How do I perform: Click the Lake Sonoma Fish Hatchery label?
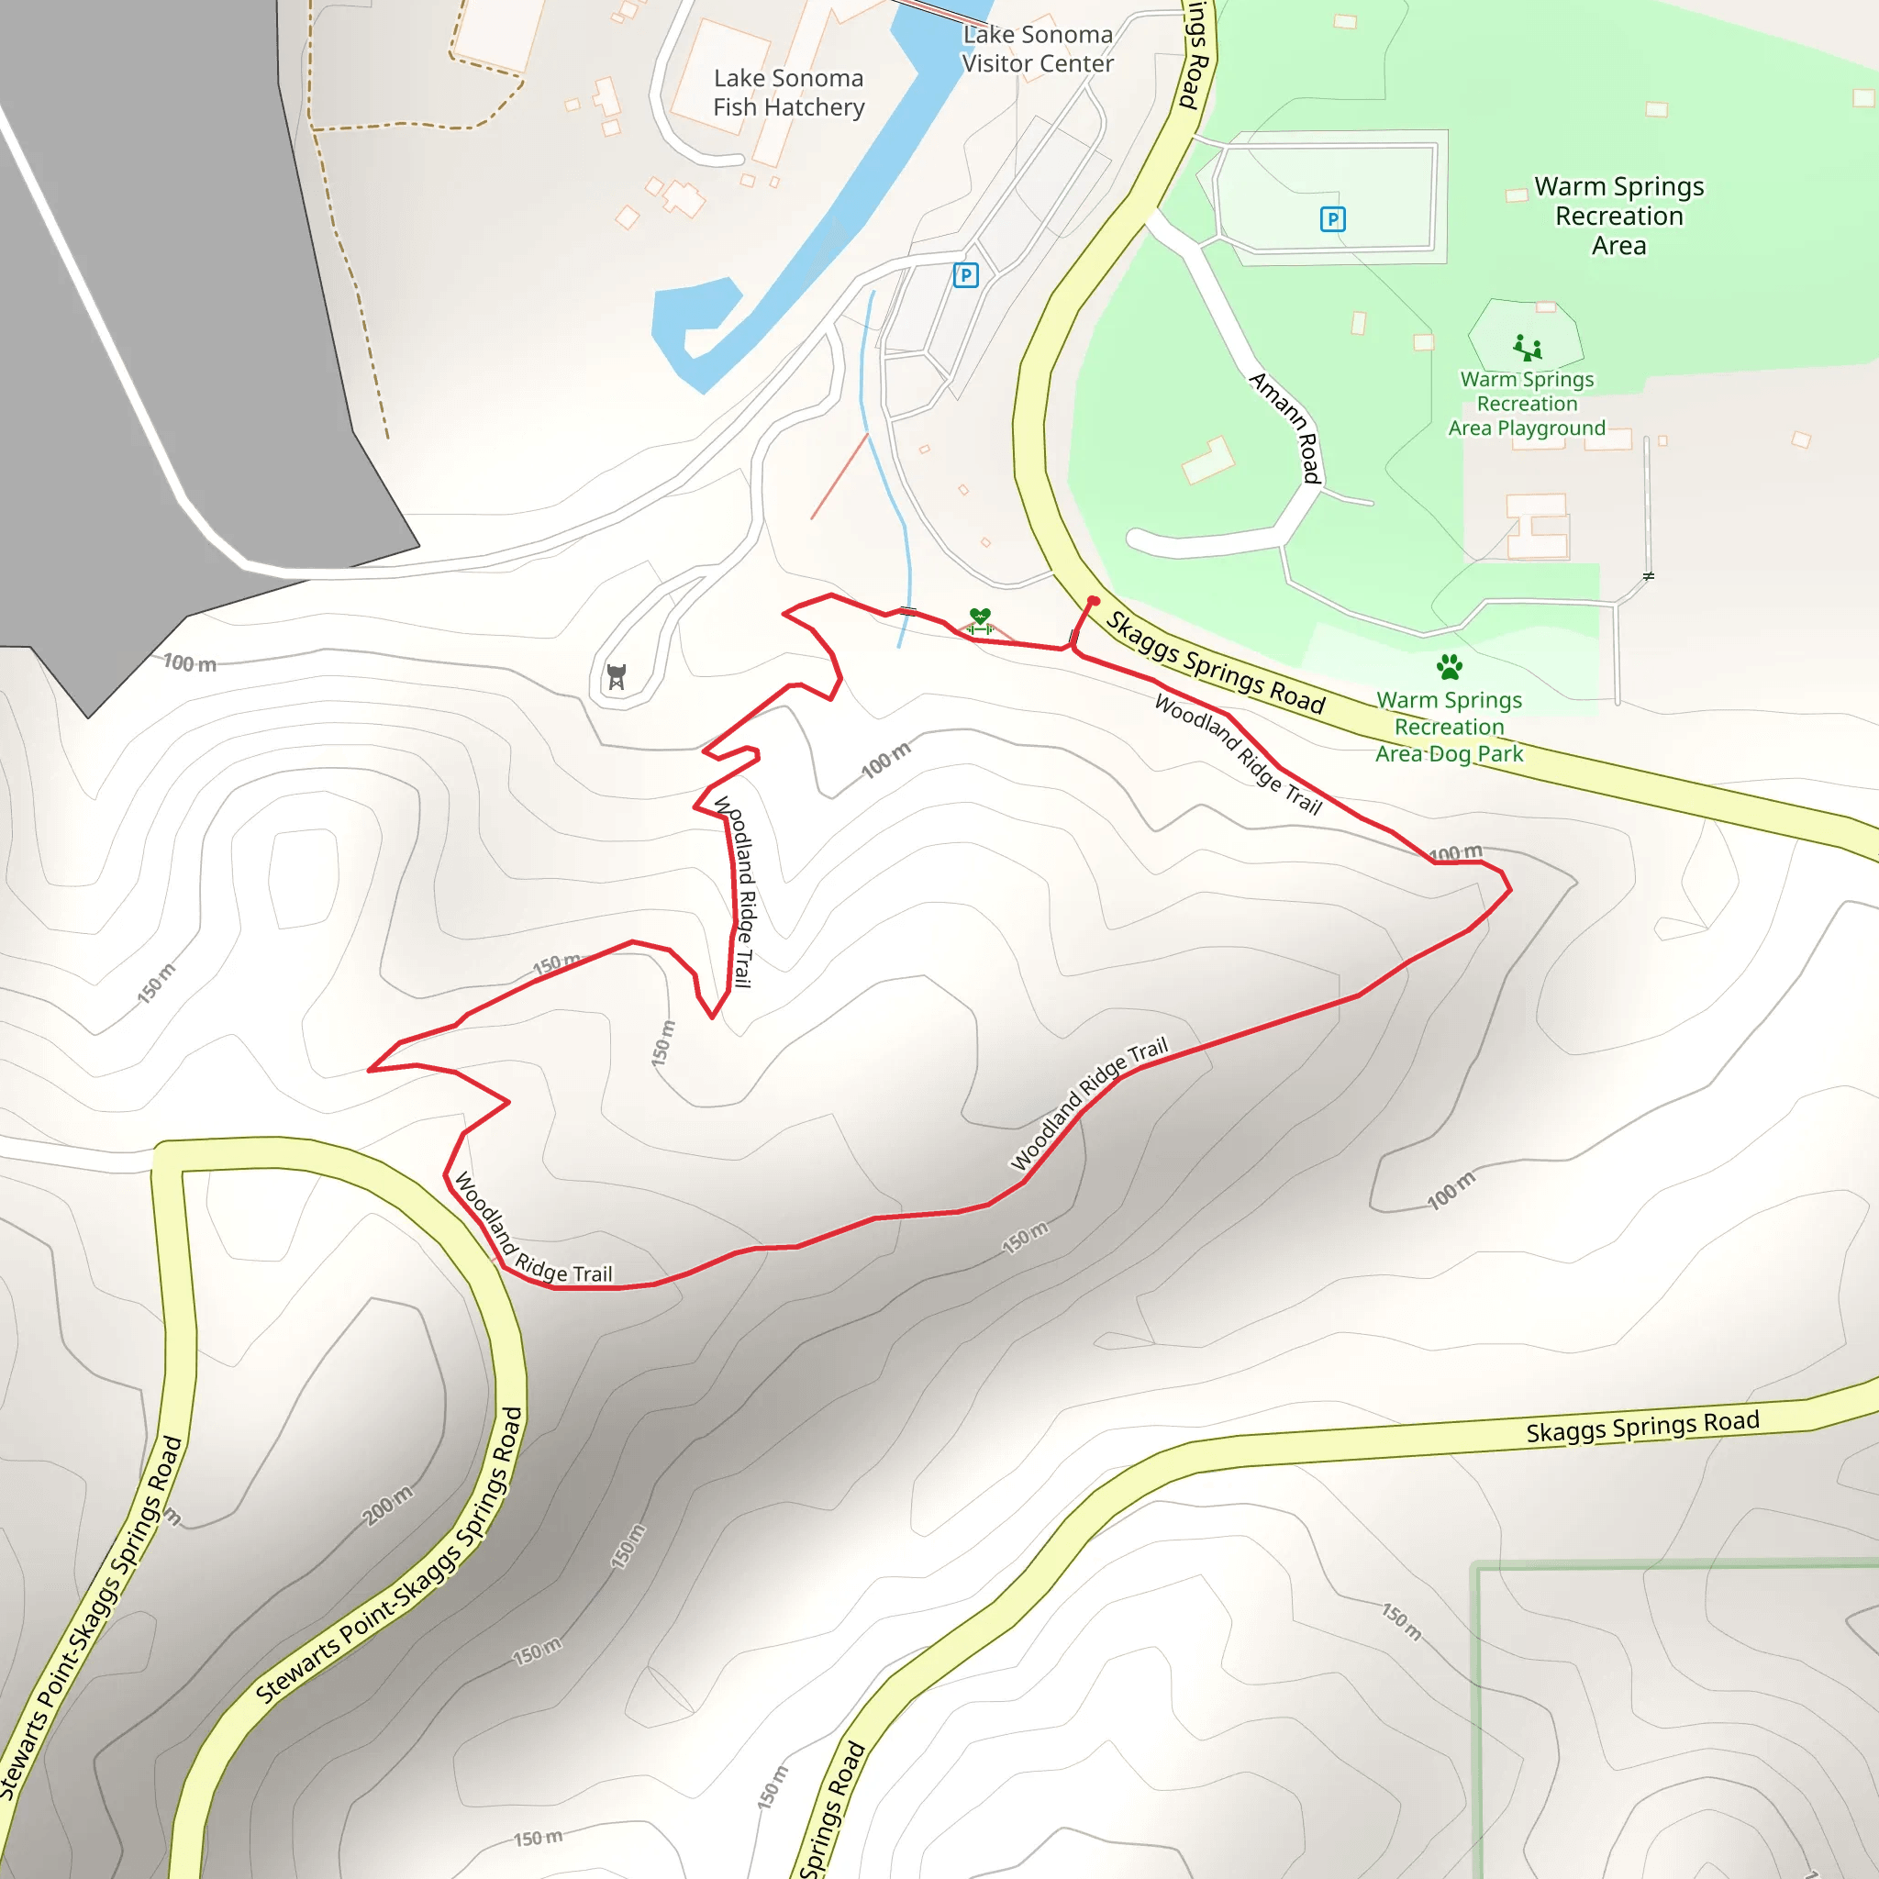pos(788,93)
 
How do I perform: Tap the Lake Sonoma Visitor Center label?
pos(1038,49)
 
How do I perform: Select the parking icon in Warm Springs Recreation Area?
pos(1332,220)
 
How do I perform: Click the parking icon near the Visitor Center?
pos(965,276)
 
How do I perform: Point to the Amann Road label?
pos(1285,427)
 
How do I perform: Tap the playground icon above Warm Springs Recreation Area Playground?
pos(1527,347)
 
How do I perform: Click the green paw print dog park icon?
pos(1449,667)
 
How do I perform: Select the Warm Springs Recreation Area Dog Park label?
pos(1449,727)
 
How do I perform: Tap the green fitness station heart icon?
pos(979,617)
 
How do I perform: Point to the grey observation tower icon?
pos(616,676)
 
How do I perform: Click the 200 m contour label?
pos(387,1506)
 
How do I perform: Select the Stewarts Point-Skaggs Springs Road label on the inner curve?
pos(389,1556)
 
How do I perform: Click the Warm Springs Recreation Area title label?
pos(1618,216)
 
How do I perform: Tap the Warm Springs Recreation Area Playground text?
pos(1527,404)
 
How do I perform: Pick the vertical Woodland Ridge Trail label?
pos(735,891)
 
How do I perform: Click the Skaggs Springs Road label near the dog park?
pos(1216,663)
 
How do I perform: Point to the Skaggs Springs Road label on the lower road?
pos(1642,1427)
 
